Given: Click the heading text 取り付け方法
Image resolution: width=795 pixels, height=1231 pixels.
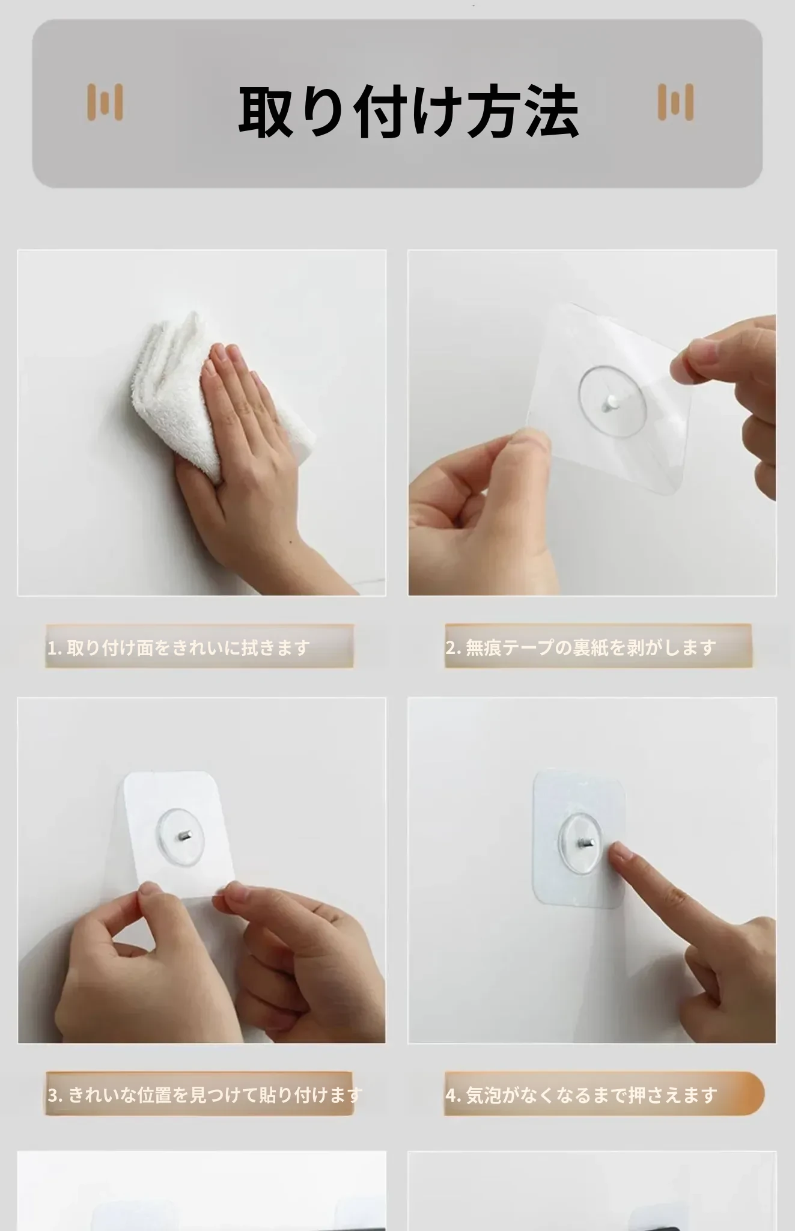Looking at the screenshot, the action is point(409,111).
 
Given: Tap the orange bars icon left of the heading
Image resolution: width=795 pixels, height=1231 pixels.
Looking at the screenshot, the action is point(105,102).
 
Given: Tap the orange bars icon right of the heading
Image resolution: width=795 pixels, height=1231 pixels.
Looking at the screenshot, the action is point(675,102).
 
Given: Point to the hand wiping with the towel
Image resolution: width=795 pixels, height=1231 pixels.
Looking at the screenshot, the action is point(252,457).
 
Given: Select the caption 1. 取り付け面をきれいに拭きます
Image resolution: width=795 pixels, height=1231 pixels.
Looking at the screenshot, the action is point(178,647).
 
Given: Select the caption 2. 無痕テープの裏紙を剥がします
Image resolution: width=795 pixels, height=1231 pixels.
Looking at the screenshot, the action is point(580,647).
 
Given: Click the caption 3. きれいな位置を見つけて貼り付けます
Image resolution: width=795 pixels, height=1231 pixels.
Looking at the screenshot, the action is point(204,1095).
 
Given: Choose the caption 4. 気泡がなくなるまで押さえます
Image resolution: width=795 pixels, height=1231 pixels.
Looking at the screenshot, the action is point(581,1095).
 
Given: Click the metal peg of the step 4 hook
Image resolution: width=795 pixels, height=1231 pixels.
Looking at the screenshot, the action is point(586,843).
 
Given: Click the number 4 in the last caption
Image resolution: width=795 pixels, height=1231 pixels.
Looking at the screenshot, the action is point(451,1095).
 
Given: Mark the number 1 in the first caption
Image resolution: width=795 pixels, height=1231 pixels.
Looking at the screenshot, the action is point(52,648).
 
